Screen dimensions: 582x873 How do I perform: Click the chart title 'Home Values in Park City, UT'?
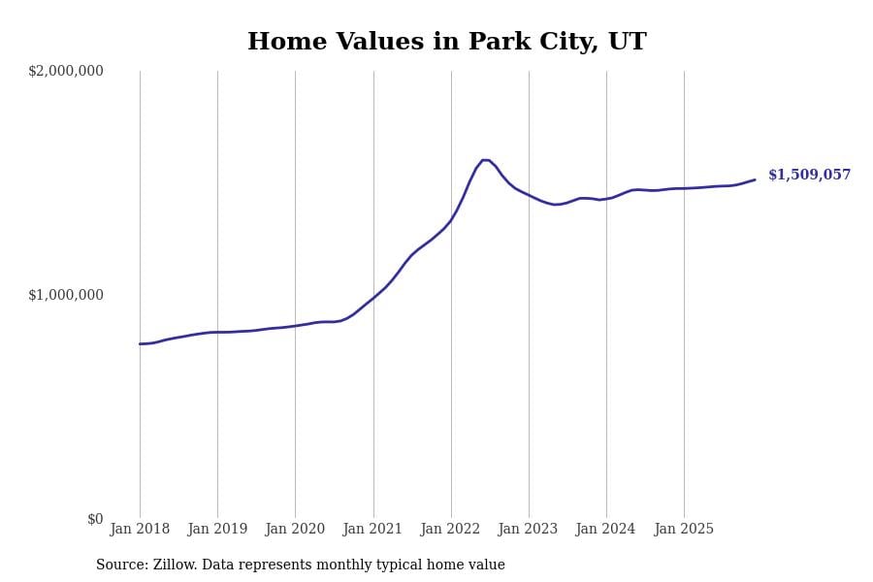tap(446, 43)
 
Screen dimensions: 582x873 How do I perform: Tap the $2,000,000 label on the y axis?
tap(66, 71)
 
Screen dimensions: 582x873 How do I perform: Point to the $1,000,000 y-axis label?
tap(66, 295)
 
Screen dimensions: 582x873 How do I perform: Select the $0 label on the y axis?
tap(95, 519)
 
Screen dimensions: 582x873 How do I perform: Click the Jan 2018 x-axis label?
tap(140, 530)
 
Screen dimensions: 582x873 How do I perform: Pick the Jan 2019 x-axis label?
tap(217, 530)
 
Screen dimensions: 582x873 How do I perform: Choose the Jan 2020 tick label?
tap(295, 530)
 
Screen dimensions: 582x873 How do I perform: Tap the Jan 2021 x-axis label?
tap(372, 530)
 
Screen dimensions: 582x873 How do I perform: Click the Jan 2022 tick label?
tap(450, 530)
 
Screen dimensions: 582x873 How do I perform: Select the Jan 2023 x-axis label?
tap(528, 530)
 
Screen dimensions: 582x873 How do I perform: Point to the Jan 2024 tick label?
tap(605, 530)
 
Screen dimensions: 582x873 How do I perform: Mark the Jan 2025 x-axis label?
tap(684, 530)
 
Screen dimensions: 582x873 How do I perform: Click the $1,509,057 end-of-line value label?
tap(809, 176)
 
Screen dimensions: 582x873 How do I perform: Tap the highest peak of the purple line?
tap(485, 160)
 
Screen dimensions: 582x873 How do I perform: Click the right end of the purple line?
tap(755, 179)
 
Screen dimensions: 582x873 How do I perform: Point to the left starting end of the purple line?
tap(140, 343)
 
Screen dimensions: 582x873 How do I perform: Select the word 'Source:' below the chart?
tap(121, 566)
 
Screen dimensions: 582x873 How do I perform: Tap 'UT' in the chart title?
tap(627, 43)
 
